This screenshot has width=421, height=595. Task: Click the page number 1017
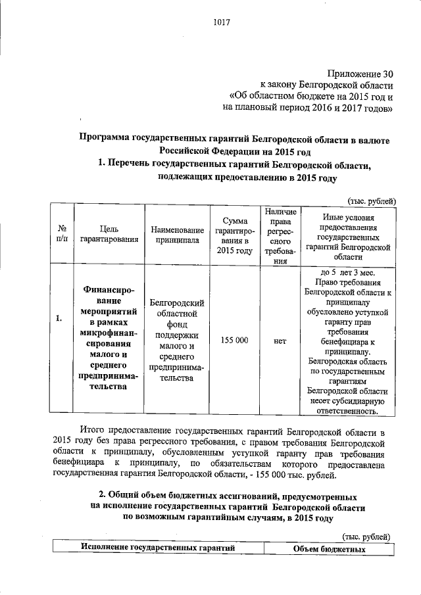tap(220, 24)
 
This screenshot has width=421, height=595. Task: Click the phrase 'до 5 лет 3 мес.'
tap(348, 272)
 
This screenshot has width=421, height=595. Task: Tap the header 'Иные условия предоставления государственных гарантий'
tap(348, 235)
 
